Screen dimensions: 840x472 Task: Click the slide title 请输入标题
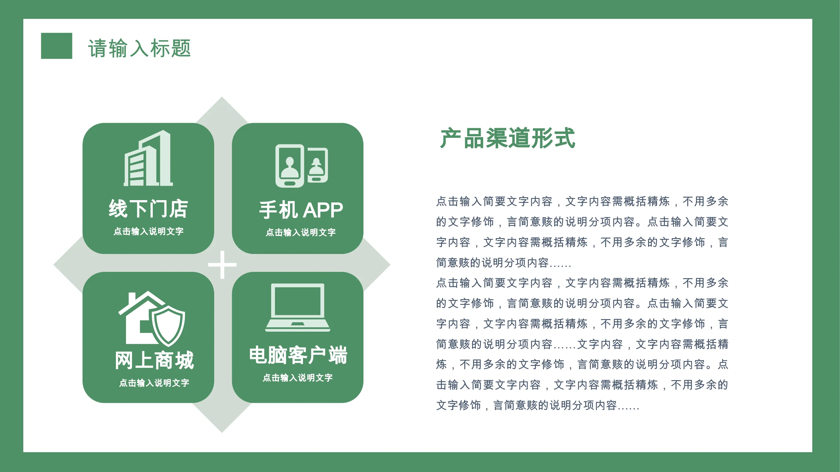click(x=139, y=48)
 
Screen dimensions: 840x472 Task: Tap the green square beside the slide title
click(x=56, y=46)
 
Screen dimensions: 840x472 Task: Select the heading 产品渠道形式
click(x=507, y=138)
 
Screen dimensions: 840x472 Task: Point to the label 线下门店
click(x=148, y=209)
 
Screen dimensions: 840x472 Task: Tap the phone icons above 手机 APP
click(x=302, y=166)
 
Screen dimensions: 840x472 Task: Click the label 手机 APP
click(x=301, y=210)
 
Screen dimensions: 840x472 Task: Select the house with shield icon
click(x=151, y=318)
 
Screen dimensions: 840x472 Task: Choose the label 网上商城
click(x=155, y=360)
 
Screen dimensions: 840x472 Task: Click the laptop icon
click(x=298, y=307)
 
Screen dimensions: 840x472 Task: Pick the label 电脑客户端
click(x=298, y=355)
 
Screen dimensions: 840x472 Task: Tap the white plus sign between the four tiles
click(x=222, y=265)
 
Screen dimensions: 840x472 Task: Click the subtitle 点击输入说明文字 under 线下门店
click(x=148, y=231)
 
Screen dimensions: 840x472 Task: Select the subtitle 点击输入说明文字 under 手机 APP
click(x=301, y=232)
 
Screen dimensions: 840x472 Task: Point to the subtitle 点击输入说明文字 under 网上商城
click(x=154, y=383)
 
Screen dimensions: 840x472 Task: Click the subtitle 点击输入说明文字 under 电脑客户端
click(x=298, y=378)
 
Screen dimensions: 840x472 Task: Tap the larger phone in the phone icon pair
click(x=289, y=166)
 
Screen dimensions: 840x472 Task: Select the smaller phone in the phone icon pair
click(x=317, y=165)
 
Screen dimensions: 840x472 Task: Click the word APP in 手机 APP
click(x=323, y=210)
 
